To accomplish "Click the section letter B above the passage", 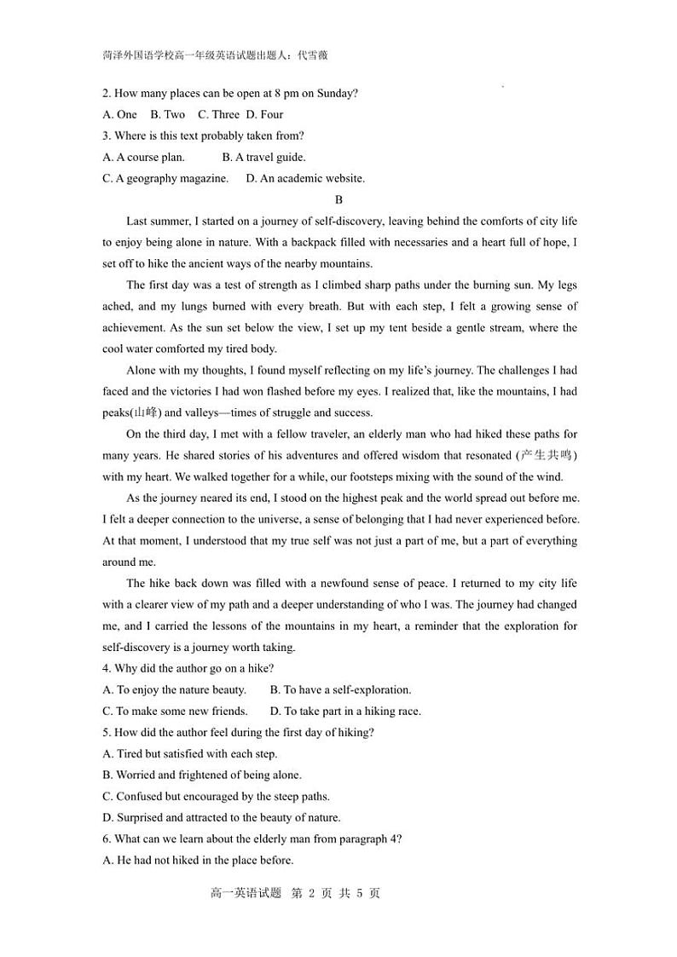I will [x=338, y=200].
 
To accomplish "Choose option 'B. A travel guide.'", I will [x=263, y=158].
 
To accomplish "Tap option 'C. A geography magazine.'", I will [x=165, y=179].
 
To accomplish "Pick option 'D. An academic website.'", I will [x=305, y=179].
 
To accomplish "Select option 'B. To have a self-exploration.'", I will [x=340, y=690].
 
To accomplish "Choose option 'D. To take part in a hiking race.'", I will [x=345, y=712].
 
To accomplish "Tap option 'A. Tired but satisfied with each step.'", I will [x=189, y=754].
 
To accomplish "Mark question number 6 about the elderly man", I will [x=106, y=839].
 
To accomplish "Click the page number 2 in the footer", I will [x=311, y=894].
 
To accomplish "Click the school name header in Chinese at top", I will [x=214, y=55].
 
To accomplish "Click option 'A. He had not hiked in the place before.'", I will [x=198, y=861].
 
